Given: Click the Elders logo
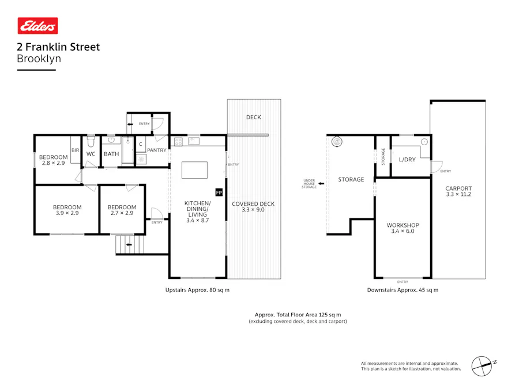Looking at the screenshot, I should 38,26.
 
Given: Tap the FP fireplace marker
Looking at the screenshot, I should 219,191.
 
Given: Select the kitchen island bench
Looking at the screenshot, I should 194,170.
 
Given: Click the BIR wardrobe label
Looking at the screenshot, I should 75,150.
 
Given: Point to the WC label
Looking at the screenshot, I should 91,154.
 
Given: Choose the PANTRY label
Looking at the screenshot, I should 156,150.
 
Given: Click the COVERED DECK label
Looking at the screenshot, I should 253,204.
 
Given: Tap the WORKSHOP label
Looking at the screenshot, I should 403,225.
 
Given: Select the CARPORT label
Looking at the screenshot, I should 458,188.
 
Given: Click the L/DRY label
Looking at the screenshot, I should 407,159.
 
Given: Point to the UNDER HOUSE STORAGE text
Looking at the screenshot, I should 309,184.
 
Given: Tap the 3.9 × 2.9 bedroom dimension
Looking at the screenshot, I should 67,213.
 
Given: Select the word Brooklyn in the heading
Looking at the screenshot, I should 39,58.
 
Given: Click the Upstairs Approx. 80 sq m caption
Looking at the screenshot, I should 197,290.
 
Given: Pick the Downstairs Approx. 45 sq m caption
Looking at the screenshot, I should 403,290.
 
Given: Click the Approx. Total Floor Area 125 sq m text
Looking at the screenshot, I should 298,315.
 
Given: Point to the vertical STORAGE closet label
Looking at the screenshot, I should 383,157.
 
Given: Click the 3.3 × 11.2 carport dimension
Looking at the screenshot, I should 458,195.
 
